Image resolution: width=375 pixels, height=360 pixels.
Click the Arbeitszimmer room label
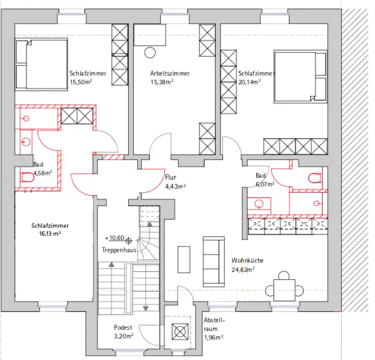tap(170, 73)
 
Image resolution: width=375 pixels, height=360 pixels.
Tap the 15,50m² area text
tap(81, 82)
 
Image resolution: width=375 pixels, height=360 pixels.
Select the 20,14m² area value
tap(249, 82)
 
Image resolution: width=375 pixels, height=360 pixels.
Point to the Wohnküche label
tap(248, 260)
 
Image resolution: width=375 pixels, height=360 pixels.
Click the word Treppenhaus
tap(119, 250)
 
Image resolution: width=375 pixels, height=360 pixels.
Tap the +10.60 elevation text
tap(115, 238)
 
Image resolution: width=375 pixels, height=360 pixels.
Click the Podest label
tap(123, 327)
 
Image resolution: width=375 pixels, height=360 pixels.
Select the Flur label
tap(171, 177)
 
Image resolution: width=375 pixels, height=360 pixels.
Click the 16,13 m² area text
tap(50, 234)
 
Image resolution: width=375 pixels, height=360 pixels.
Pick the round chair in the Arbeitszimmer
tap(150, 52)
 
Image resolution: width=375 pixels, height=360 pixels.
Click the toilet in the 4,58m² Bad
tap(27, 177)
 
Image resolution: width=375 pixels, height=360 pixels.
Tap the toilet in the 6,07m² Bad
tap(315, 178)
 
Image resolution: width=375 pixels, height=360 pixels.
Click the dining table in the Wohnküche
tap(284, 290)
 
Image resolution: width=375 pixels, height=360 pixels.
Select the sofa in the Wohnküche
tap(214, 262)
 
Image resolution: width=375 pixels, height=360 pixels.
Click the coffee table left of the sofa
tap(184, 260)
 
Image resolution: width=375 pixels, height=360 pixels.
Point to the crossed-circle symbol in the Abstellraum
tap(180, 332)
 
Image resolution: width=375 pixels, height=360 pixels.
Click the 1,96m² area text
tap(214, 337)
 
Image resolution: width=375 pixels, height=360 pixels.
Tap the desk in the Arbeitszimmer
tap(150, 35)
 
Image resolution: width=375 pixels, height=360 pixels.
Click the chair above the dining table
tap(284, 275)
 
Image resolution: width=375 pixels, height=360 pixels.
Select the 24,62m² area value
tap(243, 270)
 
